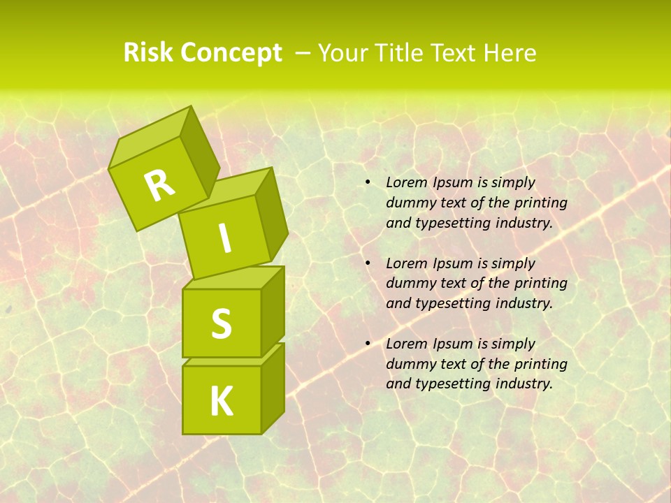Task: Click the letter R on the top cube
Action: [x=159, y=186]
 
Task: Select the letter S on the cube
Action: [x=221, y=323]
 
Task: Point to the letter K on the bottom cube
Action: [x=221, y=402]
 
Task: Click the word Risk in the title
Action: [x=149, y=53]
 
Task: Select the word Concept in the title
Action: [x=231, y=53]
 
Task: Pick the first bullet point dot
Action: [x=367, y=183]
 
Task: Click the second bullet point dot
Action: [x=367, y=263]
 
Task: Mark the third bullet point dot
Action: [x=367, y=344]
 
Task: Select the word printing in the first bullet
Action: [x=540, y=203]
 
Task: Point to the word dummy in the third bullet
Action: [x=409, y=364]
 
